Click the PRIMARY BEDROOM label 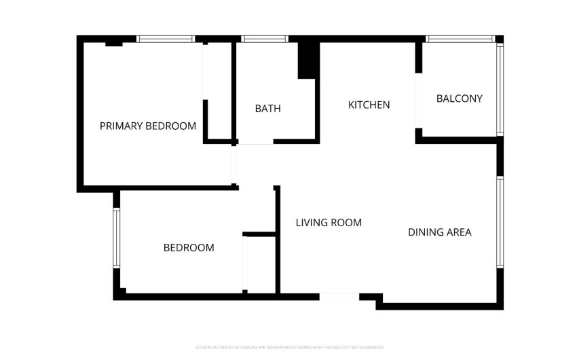pyautogui.click(x=148, y=126)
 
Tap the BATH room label pyautogui.click(x=267, y=109)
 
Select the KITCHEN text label pyautogui.click(x=369, y=105)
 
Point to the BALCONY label pyautogui.click(x=459, y=98)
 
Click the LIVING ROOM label pyautogui.click(x=329, y=222)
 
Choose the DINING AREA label pyautogui.click(x=439, y=232)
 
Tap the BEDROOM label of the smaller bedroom pyautogui.click(x=189, y=248)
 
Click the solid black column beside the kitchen pyautogui.click(x=308, y=60)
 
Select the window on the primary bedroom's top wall pyautogui.click(x=166, y=39)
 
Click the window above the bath pyautogui.click(x=265, y=39)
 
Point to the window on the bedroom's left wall pyautogui.click(x=116, y=238)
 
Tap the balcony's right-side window pyautogui.click(x=500, y=90)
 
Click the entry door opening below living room pyautogui.click(x=339, y=297)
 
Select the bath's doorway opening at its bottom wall pyautogui.click(x=255, y=142)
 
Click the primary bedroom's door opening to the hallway pyautogui.click(x=234, y=165)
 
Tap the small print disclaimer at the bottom pyautogui.click(x=288, y=347)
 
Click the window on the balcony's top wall pyautogui.click(x=459, y=39)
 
